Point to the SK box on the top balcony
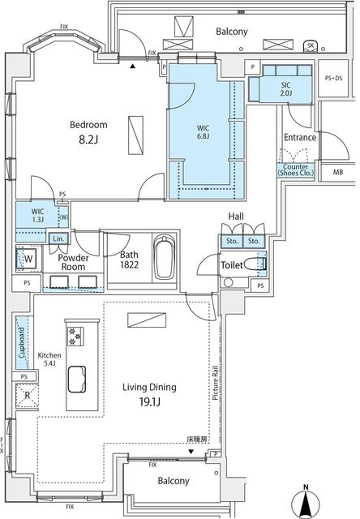(311, 45)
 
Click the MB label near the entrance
(336, 171)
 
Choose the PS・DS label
(333, 78)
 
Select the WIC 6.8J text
(204, 131)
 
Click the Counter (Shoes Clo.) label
(298, 169)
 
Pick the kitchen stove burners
(77, 334)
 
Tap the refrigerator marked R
(27, 397)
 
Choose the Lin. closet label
(58, 239)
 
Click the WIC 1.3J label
(37, 215)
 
